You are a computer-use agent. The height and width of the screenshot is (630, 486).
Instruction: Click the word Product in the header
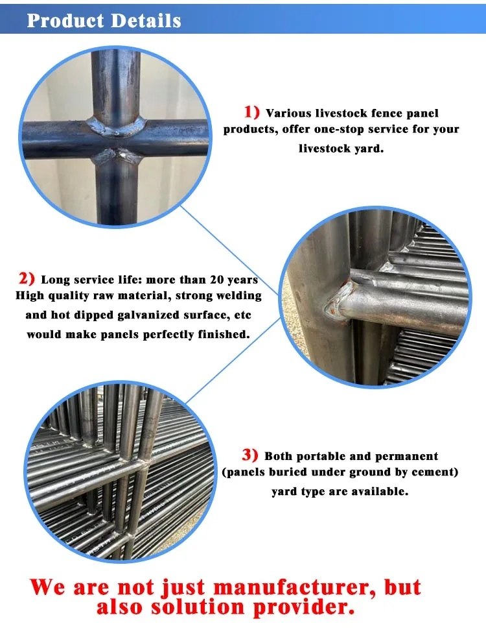[x=65, y=21]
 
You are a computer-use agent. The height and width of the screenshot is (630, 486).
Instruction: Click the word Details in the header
[x=146, y=21]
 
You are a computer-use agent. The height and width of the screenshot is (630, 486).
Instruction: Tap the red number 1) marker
[x=251, y=112]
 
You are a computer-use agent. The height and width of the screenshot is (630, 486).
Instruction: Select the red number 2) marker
[x=27, y=278]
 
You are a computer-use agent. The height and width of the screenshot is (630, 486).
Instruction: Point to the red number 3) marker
[x=250, y=455]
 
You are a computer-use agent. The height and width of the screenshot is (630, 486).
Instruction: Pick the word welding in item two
[x=239, y=296]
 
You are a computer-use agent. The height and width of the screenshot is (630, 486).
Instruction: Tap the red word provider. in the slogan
[x=304, y=608]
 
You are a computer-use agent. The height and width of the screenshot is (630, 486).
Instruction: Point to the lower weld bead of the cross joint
[x=117, y=156]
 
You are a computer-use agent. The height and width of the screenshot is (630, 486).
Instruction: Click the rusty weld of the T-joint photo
[x=338, y=300]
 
